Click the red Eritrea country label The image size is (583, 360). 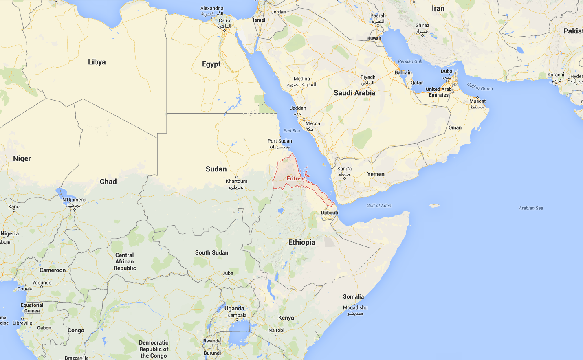(x=295, y=178)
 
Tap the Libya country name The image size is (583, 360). (x=97, y=62)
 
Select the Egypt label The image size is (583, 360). (x=211, y=64)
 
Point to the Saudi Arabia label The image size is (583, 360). (x=354, y=93)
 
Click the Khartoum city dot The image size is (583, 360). (x=237, y=177)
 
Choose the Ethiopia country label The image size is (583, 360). (x=302, y=242)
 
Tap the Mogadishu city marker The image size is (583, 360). (x=355, y=303)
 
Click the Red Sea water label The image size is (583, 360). (x=292, y=131)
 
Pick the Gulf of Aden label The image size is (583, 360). (x=379, y=206)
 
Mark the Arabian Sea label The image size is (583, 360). (x=531, y=208)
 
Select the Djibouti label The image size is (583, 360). (x=330, y=213)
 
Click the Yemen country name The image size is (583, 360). (x=376, y=174)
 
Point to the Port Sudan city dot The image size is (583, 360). (x=280, y=137)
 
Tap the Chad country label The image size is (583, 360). (x=108, y=182)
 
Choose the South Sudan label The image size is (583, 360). (x=211, y=252)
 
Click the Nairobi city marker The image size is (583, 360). (x=276, y=335)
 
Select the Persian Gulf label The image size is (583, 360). (x=410, y=61)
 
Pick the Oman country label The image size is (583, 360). (x=455, y=127)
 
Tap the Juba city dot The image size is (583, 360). (x=228, y=278)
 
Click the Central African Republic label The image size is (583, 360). (x=125, y=261)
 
